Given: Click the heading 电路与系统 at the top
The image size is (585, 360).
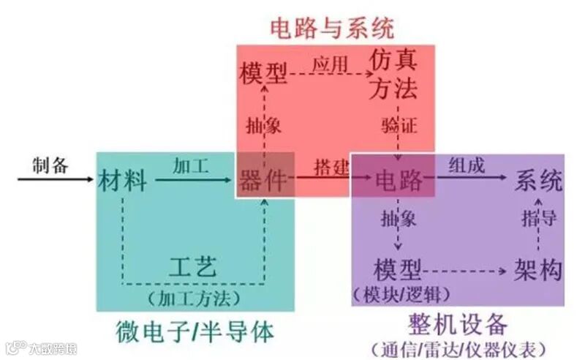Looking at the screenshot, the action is tap(332, 28).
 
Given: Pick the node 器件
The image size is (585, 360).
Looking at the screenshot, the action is tap(263, 180).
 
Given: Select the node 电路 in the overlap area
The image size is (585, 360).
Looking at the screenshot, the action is tap(399, 180).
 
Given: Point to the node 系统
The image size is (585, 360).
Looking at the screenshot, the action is tap(539, 180).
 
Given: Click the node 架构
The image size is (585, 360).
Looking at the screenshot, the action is tap(538, 269).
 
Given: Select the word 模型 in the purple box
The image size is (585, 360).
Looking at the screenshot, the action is tap(398, 269).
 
